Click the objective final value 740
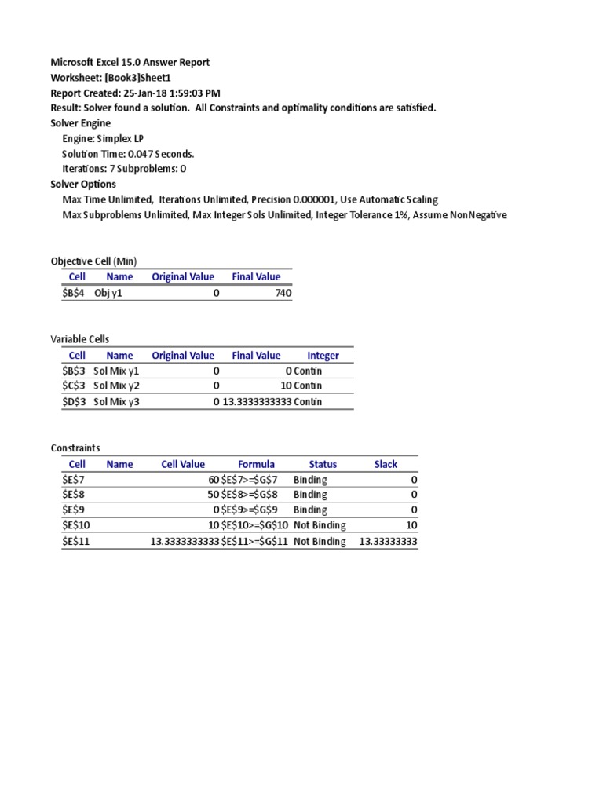point(283,293)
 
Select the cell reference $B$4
point(77,293)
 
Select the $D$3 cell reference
point(77,401)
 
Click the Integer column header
point(323,355)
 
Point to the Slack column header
point(386,464)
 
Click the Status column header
point(323,464)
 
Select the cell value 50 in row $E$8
point(214,494)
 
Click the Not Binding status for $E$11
point(320,542)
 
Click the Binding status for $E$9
point(310,510)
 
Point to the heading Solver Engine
point(81,122)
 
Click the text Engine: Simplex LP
point(103,138)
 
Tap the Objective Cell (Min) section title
point(93,261)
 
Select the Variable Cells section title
point(81,338)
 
